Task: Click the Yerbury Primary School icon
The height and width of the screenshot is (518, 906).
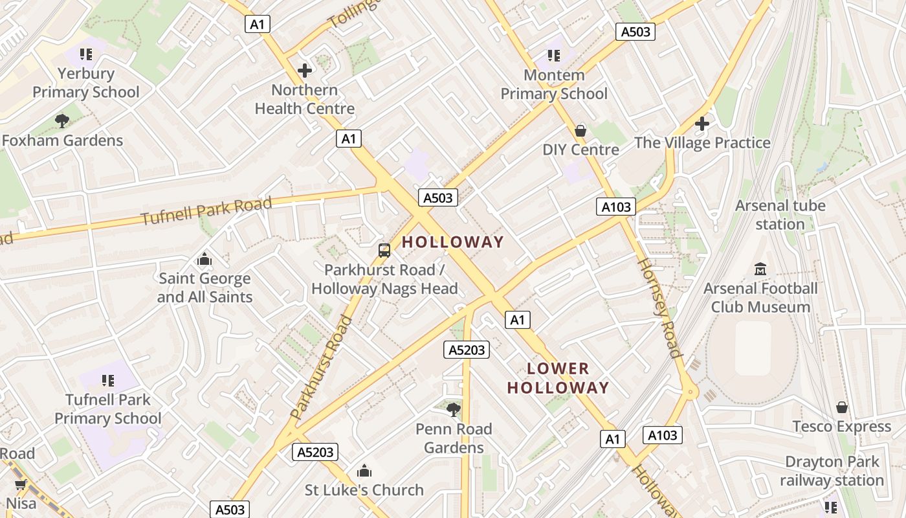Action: click(85, 54)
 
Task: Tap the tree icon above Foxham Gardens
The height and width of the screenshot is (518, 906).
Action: click(62, 120)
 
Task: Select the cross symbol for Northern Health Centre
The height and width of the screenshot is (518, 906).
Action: click(304, 70)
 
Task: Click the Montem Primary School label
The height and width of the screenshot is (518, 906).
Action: click(554, 84)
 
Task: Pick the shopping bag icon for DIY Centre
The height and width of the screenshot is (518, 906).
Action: click(580, 131)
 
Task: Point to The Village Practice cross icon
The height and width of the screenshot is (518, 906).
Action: click(702, 123)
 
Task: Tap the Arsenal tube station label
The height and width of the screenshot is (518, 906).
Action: click(780, 215)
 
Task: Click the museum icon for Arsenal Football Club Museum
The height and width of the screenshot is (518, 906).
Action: click(760, 269)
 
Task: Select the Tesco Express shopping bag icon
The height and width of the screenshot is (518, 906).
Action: click(841, 407)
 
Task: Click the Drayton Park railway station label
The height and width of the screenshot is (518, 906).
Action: click(832, 471)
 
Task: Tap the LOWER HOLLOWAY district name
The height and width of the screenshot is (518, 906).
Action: click(558, 378)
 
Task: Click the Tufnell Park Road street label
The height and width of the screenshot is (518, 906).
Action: click(206, 211)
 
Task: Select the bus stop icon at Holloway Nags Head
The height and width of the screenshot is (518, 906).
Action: click(384, 250)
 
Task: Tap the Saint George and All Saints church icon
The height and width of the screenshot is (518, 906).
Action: click(204, 260)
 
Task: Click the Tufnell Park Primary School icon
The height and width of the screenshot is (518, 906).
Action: click(107, 380)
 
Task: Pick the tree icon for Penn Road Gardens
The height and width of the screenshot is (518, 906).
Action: click(454, 409)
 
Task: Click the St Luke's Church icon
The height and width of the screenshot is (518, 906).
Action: click(364, 471)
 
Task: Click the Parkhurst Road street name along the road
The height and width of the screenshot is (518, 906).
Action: click(322, 367)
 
